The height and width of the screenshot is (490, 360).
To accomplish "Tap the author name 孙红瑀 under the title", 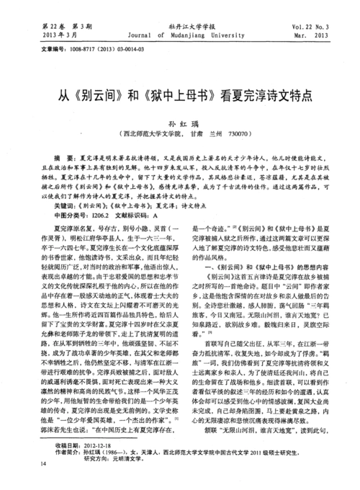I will point(180,123).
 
